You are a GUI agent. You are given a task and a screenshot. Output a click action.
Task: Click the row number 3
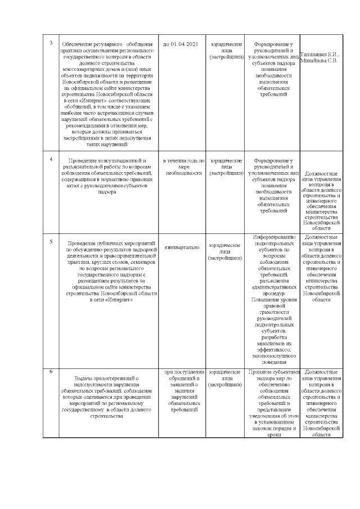coord(52,43)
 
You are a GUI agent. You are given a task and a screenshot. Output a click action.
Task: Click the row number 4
coord(52,159)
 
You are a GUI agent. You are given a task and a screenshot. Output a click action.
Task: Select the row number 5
coord(52,241)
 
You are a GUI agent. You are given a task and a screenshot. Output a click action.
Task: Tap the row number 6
coord(52,372)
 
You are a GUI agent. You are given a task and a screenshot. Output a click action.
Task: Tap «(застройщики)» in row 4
coord(226,173)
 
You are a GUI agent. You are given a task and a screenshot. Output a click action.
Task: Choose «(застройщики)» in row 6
coord(226,385)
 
